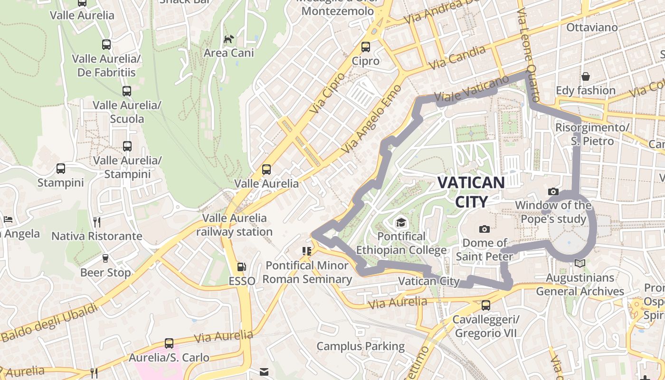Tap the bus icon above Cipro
click(365, 47)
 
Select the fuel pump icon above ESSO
click(242, 267)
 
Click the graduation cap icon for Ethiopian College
click(401, 222)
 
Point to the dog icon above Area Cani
click(229, 39)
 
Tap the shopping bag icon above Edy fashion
click(586, 76)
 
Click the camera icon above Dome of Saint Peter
click(484, 229)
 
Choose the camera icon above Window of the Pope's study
click(553, 191)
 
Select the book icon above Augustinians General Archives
click(579, 263)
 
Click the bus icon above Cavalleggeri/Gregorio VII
click(485, 305)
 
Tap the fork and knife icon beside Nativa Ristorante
click(97, 222)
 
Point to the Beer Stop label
click(105, 273)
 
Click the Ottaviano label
click(592, 27)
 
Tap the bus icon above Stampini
click(60, 168)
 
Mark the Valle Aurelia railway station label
click(234, 225)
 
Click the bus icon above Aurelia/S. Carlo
click(169, 343)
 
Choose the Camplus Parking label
click(361, 346)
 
